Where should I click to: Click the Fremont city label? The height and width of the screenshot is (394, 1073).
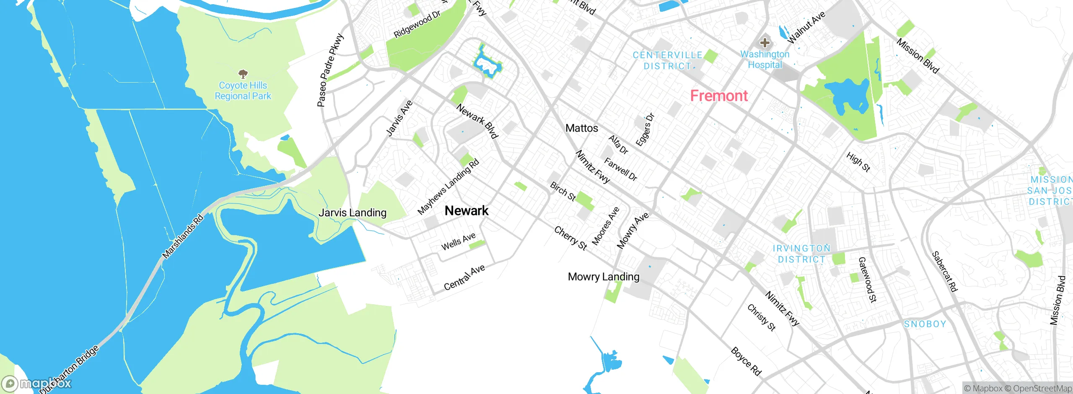point(719,96)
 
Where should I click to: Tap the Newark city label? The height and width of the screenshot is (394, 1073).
point(467,210)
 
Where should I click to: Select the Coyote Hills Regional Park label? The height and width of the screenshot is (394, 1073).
point(243,91)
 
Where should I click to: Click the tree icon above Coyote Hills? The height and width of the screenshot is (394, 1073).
point(243,75)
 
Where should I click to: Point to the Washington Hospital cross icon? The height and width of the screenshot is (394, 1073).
point(765,42)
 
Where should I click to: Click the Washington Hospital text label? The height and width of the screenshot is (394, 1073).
point(765,60)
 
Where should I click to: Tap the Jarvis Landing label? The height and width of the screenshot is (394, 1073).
point(352,213)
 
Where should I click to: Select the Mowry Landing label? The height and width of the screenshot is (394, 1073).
point(603,277)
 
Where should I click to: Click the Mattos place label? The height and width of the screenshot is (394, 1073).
point(581,128)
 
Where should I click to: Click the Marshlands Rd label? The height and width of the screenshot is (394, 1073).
point(183,236)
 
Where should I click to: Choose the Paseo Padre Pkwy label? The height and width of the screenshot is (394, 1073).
point(330,70)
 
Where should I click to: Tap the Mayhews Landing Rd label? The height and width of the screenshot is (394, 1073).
point(448,187)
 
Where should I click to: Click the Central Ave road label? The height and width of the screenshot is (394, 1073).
point(464,277)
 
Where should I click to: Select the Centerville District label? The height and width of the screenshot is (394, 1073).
point(667,61)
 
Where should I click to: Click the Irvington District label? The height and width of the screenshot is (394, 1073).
point(801,254)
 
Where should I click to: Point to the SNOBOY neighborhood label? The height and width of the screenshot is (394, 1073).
point(925,324)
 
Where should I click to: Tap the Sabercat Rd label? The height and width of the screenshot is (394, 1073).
point(944,271)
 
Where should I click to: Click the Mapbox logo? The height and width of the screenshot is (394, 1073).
point(36,384)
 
